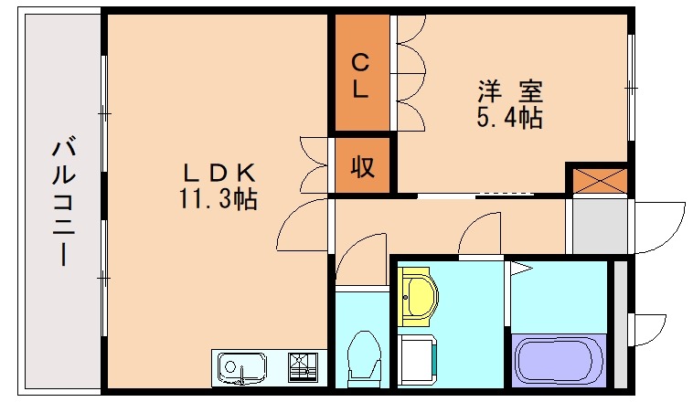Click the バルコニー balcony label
61,200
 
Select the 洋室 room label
510,91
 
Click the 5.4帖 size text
510,118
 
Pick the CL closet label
361,77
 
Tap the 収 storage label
362,167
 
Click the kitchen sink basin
241,368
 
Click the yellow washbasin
420,295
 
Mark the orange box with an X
597,179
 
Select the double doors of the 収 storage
315,165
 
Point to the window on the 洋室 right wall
631,87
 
